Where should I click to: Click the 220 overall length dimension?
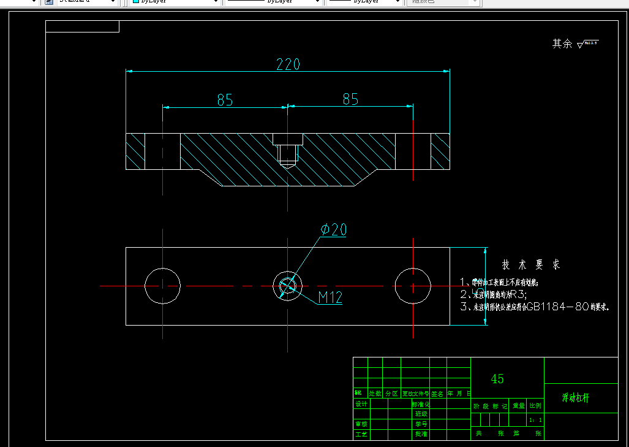[x=288, y=64]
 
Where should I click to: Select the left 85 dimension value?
[x=225, y=99]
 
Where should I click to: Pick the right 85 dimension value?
[x=350, y=99]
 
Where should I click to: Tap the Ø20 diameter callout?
[x=333, y=230]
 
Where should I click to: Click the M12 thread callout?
[x=330, y=298]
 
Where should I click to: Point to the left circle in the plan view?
[x=162, y=286]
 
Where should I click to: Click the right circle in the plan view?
[x=413, y=286]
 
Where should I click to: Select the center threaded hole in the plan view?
[x=287, y=286]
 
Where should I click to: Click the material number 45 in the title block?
[x=497, y=379]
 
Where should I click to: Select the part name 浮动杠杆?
[x=576, y=398]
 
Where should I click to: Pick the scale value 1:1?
[x=535, y=420]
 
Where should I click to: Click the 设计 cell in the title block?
[x=361, y=404]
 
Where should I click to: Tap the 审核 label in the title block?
[x=361, y=424]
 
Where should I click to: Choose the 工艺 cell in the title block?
[x=361, y=434]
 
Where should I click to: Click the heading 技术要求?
[x=530, y=265]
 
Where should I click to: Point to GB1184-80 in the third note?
[x=556, y=307]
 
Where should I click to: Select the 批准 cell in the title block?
[x=421, y=434]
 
